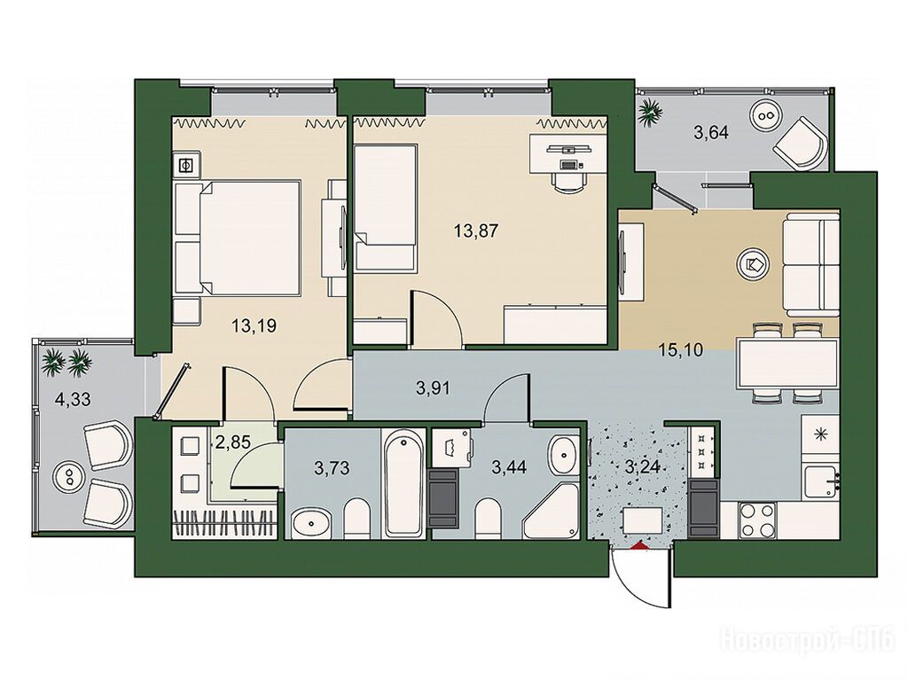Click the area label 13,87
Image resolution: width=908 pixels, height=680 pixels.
476,231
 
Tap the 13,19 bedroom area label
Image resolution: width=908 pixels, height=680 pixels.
254,326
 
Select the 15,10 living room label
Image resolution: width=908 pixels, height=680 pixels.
681,350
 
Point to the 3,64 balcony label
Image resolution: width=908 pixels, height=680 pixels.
711,133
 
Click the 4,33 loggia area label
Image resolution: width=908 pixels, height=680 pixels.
73,399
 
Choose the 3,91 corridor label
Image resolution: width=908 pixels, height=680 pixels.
433,388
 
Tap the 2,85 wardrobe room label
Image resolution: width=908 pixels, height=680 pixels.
232,443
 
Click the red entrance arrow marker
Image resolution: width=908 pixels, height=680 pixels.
638,544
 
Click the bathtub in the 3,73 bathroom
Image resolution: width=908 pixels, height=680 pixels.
403,484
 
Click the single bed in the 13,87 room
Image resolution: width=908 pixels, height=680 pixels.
386,208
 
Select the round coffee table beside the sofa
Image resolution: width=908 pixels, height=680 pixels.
752,265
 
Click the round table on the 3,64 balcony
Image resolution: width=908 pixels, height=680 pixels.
765,115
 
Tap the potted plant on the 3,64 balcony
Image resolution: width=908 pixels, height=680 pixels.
650,111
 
